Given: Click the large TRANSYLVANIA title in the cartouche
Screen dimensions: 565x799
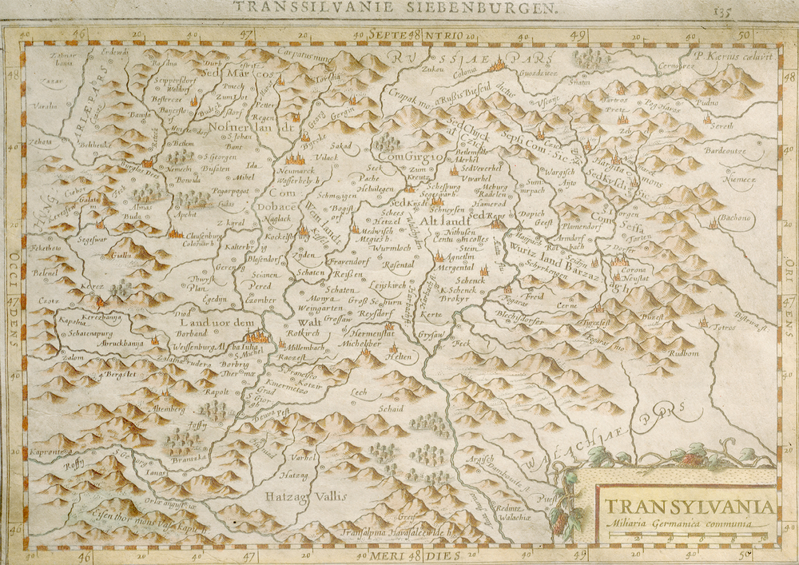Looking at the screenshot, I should [688, 507].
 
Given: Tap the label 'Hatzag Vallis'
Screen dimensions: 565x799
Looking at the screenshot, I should [312, 496].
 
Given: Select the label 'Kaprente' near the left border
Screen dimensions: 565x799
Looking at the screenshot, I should [48, 452].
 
